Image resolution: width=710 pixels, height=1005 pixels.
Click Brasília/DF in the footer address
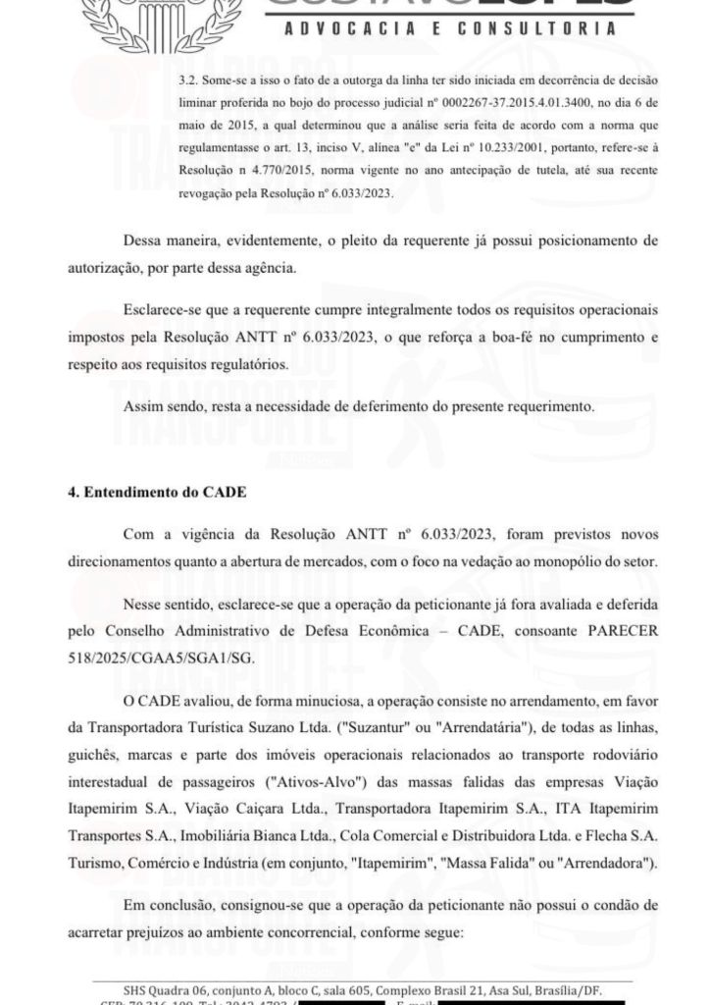[575, 988]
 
